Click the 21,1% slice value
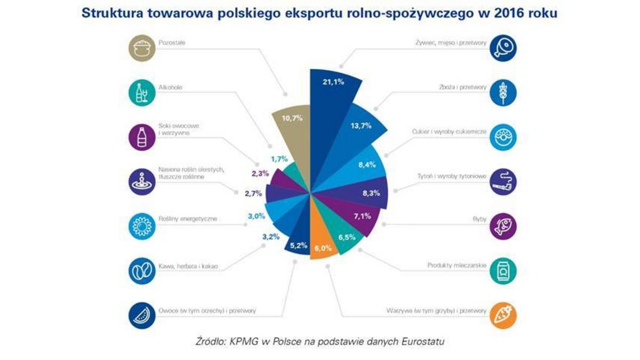pyautogui.click(x=333, y=82)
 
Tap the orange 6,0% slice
pyautogui.click(x=323, y=248)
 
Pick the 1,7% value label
pyautogui.click(x=279, y=158)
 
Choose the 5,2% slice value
pyautogui.click(x=298, y=245)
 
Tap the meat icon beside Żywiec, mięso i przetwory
pyautogui.click(x=502, y=46)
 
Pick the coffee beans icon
pyautogui.click(x=141, y=270)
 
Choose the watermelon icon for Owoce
pyautogui.click(x=141, y=316)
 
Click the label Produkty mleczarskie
pyautogui.click(x=457, y=265)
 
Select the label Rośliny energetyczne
pyautogui.click(x=183, y=218)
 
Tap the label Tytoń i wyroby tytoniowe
pyautogui.click(x=450, y=176)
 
